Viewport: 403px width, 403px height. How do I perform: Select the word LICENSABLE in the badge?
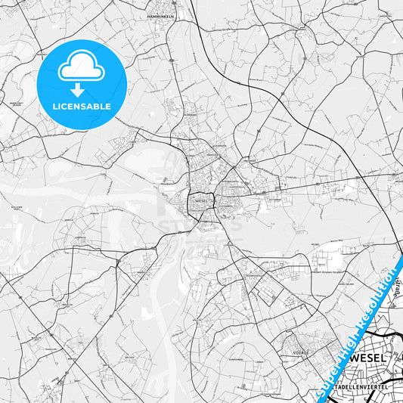82,107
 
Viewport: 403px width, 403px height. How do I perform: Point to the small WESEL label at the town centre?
200,202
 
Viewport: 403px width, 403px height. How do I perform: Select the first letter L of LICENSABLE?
54,107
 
